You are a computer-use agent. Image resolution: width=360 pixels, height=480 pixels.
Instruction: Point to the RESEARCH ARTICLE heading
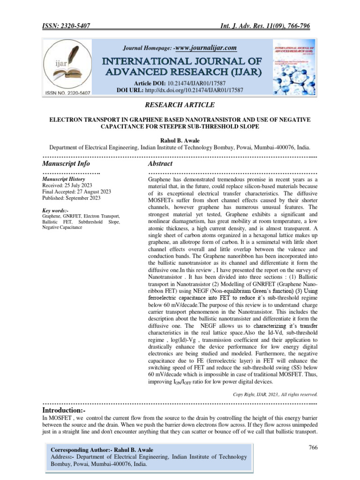tap(180, 105)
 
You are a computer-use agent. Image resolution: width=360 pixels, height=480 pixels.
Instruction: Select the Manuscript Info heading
tap(66, 164)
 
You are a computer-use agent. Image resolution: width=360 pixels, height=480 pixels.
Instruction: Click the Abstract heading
tap(160, 164)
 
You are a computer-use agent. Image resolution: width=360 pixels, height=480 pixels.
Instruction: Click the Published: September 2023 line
tap(71, 198)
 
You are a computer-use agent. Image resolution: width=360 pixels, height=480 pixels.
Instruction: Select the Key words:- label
tap(55, 210)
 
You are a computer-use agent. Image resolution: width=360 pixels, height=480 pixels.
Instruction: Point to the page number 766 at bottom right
tap(313, 448)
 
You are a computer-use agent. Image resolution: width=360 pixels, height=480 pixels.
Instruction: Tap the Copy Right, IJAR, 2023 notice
tap(275, 394)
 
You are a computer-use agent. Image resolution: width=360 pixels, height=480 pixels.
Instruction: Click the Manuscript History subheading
tap(63, 179)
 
